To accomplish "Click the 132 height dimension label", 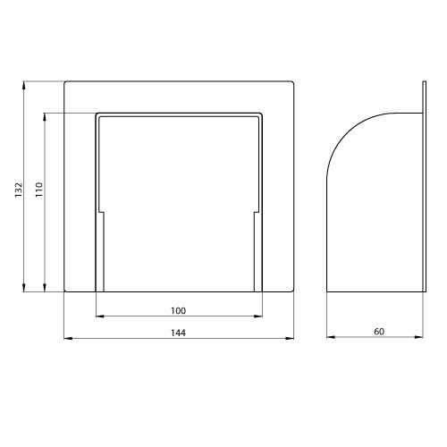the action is coord(19,190).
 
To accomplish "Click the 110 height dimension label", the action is coord(39,190).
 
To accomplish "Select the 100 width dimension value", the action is coord(178,311).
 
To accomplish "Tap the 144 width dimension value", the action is coord(178,333).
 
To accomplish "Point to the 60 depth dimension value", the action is coord(379,332).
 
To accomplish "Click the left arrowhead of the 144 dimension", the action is coord(68,338).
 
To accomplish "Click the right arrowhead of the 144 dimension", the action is coord(290,338).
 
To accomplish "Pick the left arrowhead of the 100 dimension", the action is coord(100,316).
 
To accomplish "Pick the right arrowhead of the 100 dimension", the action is coord(258,316).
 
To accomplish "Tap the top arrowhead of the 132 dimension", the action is coord(23,86).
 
